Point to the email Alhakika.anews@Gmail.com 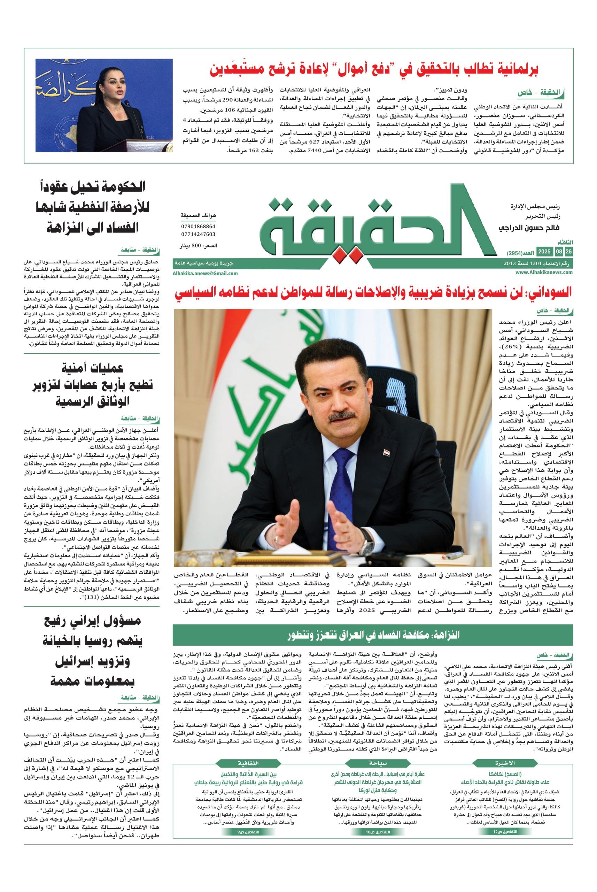tap(205, 273)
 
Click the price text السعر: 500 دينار tap(197, 246)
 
